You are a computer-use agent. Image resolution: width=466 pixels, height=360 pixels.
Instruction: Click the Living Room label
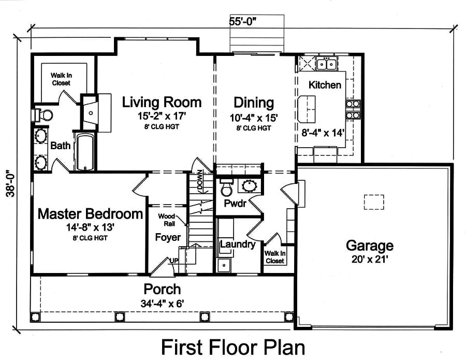(162, 102)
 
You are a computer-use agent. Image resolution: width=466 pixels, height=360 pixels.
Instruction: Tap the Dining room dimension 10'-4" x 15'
(254, 118)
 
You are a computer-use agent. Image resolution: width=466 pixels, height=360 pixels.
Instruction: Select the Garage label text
(369, 245)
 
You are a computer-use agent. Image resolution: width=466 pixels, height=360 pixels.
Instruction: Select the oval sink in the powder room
(251, 185)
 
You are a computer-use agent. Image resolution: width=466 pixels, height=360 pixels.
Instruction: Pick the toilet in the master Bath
(44, 114)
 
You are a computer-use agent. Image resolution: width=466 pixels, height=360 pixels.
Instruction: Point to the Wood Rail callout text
(167, 220)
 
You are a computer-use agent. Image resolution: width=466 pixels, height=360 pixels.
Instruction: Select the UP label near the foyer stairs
(175, 259)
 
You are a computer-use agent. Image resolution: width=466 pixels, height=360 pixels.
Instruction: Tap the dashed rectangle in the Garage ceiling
(373, 201)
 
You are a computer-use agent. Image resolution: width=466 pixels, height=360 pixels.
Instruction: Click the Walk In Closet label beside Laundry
(274, 257)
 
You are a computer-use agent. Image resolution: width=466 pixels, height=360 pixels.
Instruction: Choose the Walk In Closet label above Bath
(61, 79)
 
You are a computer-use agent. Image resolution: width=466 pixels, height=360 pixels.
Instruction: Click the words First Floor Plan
(233, 345)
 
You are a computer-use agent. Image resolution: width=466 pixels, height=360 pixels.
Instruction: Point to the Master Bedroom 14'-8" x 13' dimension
(90, 226)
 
